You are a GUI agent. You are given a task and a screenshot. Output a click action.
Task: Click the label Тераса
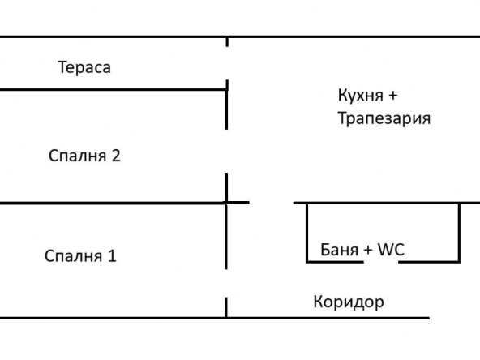pos(84,67)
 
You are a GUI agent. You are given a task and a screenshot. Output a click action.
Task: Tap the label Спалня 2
pos(84,156)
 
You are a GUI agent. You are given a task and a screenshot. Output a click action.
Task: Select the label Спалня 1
pos(80,256)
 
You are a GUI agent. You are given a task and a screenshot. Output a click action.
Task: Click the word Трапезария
pos(384,118)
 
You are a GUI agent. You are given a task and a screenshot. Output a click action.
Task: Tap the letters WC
pos(389,251)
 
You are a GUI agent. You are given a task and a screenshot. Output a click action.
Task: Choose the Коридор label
pos(348,302)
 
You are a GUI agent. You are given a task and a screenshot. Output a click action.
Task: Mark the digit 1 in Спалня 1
pos(112,256)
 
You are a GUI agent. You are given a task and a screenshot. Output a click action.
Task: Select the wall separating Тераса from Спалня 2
pos(114,89)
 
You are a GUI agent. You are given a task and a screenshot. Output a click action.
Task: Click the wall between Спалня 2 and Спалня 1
pos(114,203)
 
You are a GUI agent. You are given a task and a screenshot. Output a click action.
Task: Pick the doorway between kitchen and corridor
pos(271,203)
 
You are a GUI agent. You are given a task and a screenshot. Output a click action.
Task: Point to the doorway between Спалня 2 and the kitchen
pos(227,151)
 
